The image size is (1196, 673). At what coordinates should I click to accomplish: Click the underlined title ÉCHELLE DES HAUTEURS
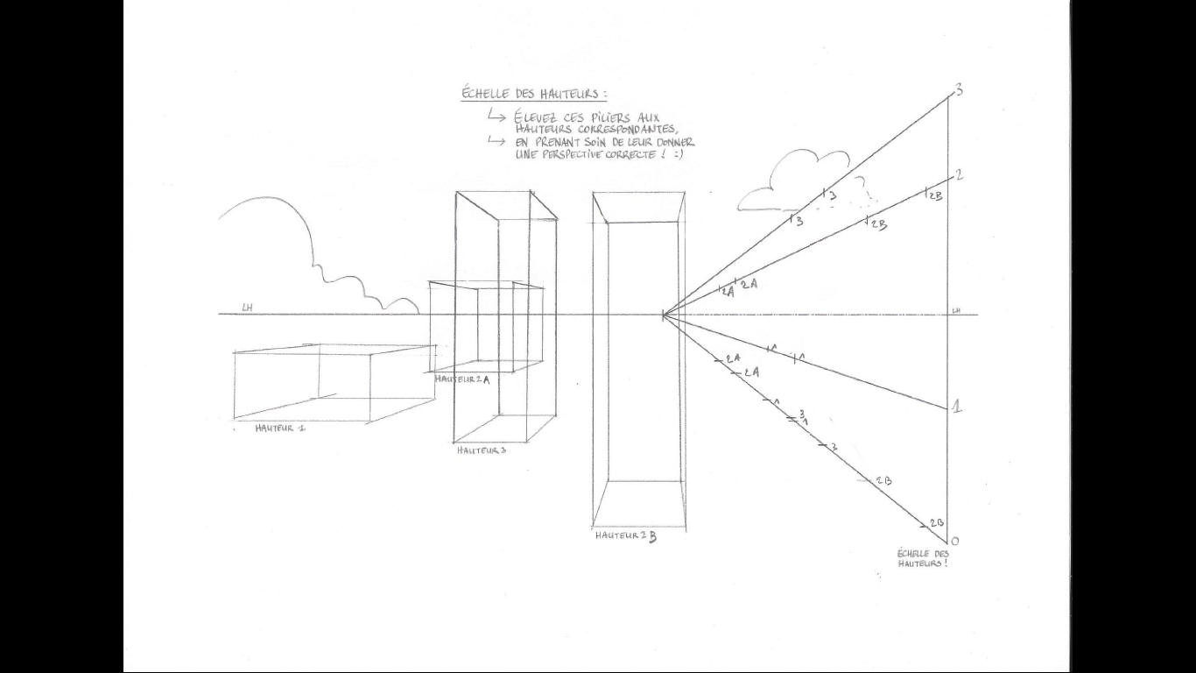[533, 94]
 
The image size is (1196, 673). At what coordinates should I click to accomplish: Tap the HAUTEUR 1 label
[280, 429]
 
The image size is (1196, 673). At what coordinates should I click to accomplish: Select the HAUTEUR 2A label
[461, 379]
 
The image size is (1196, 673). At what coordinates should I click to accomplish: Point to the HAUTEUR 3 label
[481, 450]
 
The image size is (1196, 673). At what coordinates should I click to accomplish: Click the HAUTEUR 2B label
[625, 536]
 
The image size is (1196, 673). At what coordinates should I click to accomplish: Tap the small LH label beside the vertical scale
[957, 310]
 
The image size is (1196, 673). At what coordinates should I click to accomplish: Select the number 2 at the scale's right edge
[960, 175]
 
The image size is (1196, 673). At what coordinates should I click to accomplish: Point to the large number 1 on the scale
[957, 407]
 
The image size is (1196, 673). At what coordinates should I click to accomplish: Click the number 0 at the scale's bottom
[954, 541]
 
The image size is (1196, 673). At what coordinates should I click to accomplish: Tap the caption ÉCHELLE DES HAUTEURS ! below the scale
[923, 558]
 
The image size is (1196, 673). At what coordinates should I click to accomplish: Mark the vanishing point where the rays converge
[663, 315]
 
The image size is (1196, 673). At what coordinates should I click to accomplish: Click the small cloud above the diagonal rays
[792, 181]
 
